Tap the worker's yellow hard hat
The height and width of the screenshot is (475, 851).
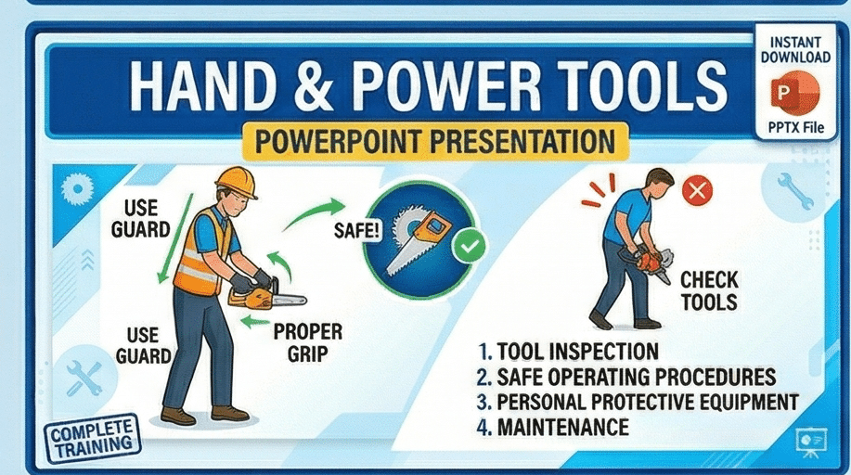[236, 182]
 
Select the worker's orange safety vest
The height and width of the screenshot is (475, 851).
[205, 250]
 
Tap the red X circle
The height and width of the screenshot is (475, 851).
[696, 192]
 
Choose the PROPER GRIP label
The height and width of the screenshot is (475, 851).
[308, 342]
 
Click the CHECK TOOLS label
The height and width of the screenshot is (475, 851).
[709, 291]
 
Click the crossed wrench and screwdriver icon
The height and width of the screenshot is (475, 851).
[84, 379]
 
